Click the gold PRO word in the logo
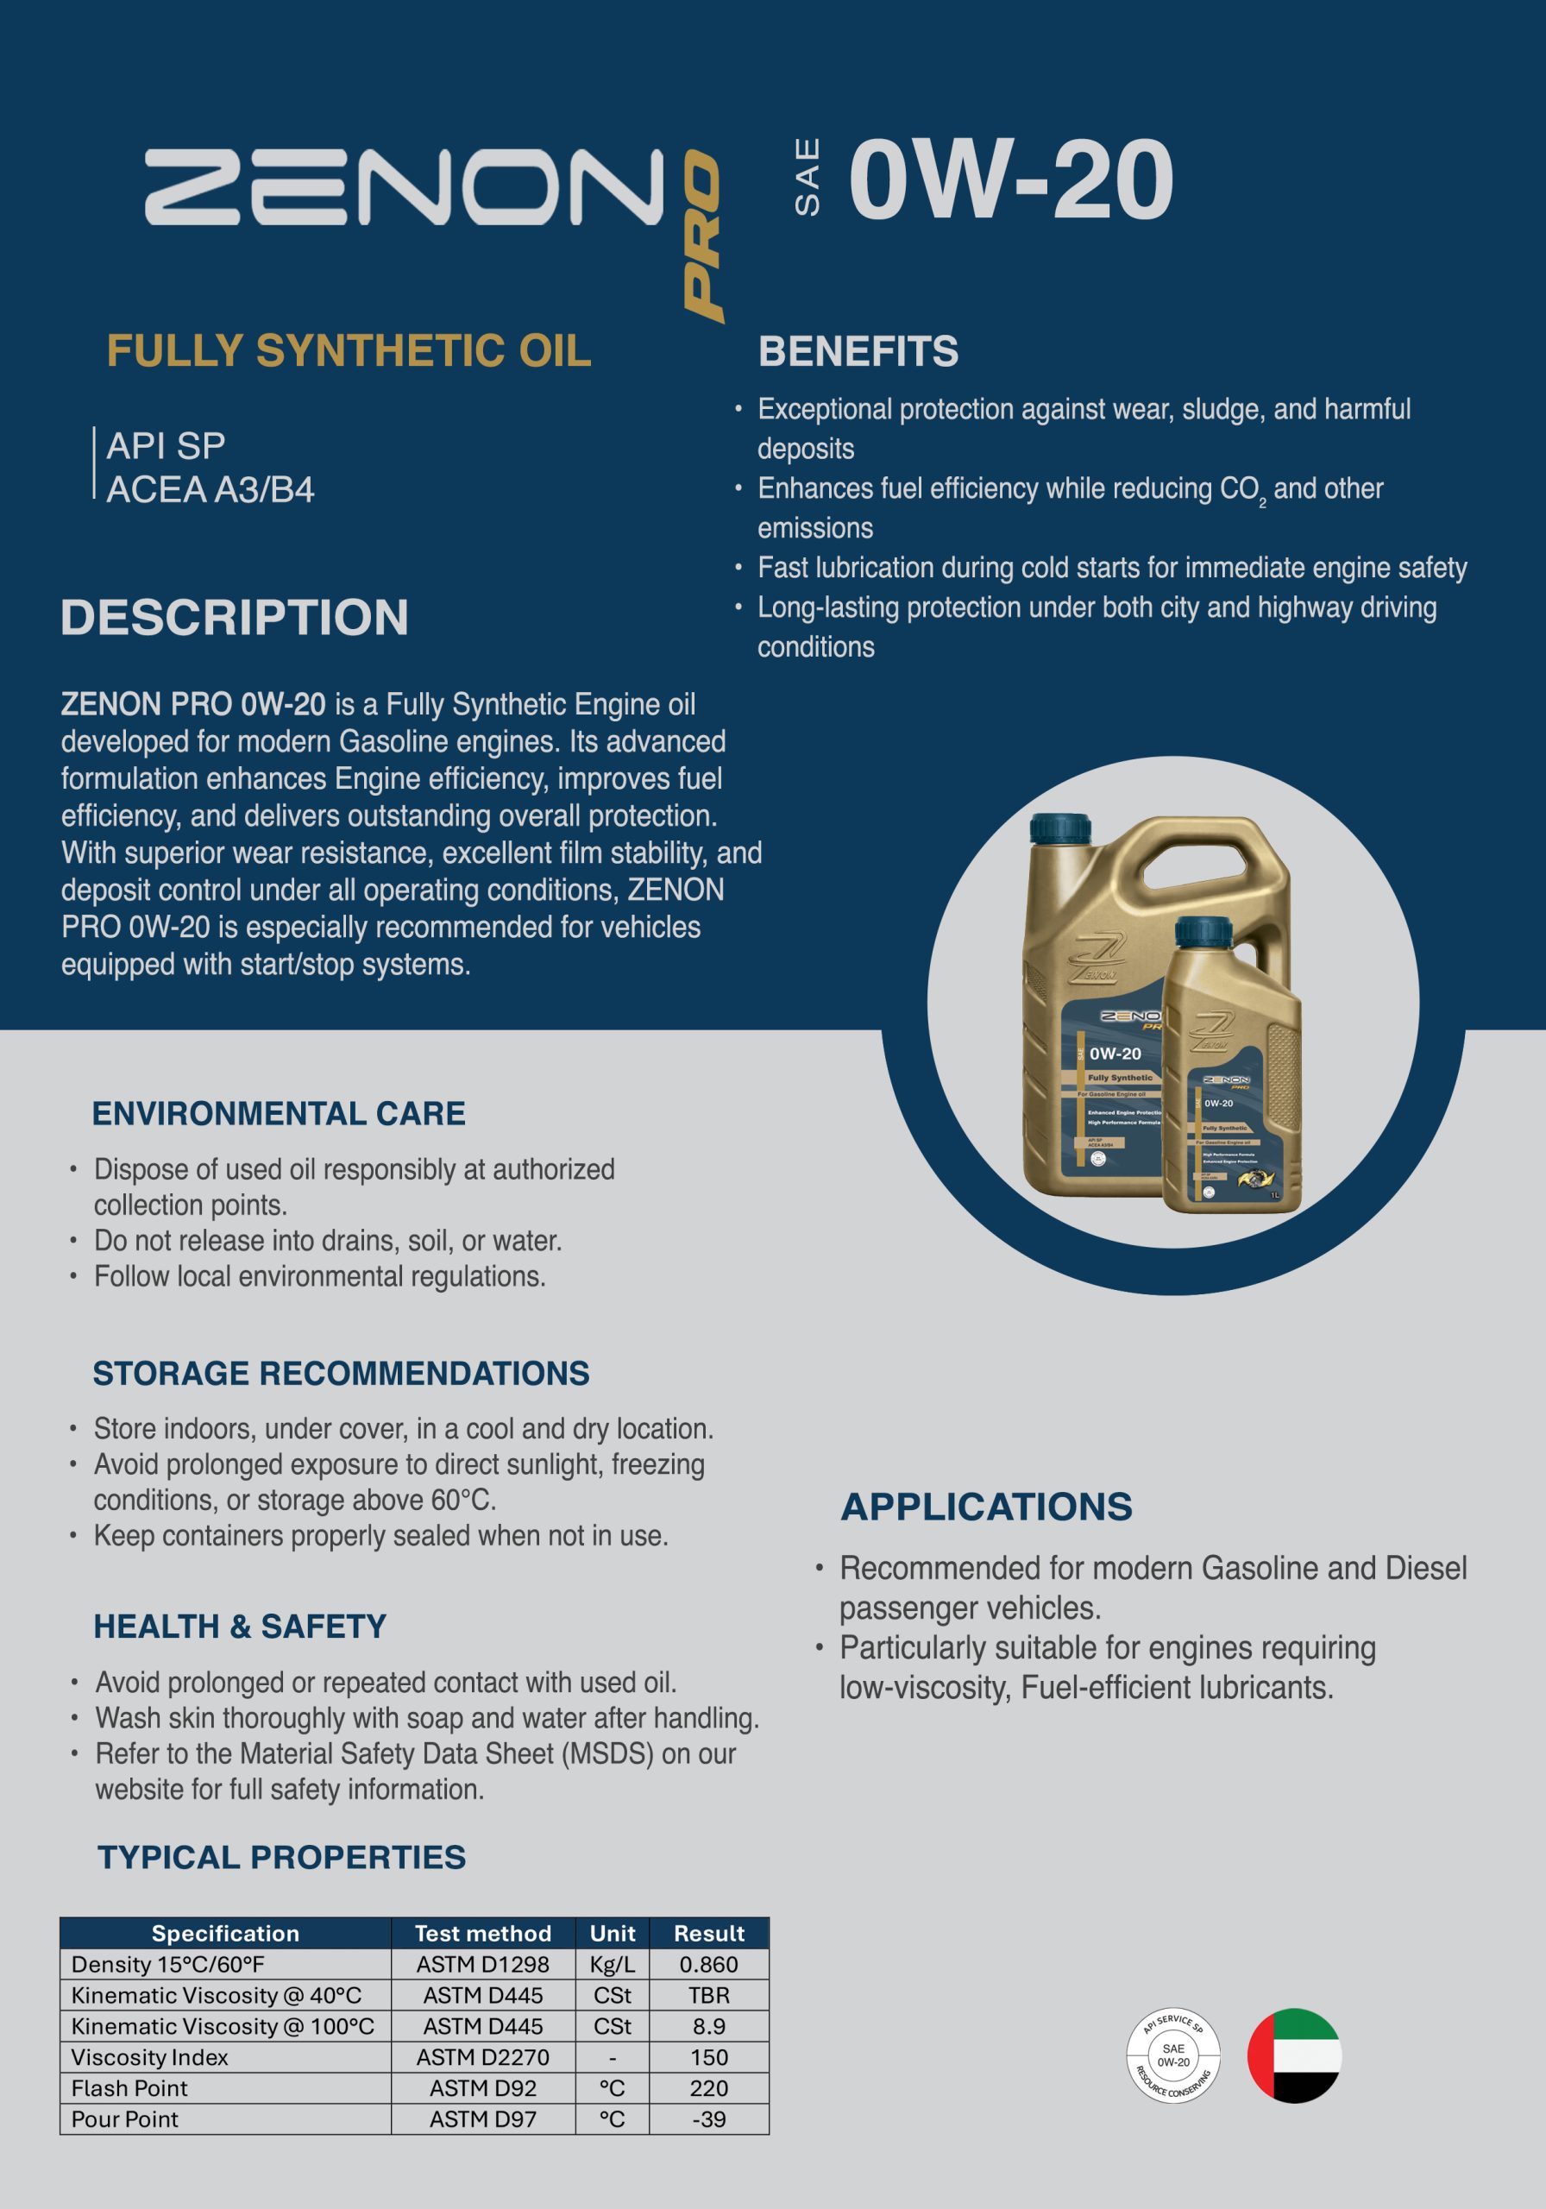click(x=702, y=236)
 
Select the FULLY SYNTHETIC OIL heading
click(x=349, y=351)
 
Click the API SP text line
click(x=166, y=446)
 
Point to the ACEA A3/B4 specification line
click(x=210, y=490)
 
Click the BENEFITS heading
click(x=858, y=351)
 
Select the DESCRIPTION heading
click(x=235, y=618)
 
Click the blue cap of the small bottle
click(x=1203, y=930)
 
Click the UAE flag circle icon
click(x=1294, y=2055)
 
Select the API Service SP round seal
click(x=1172, y=2055)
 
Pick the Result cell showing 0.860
click(x=709, y=1965)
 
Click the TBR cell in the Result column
click(x=709, y=1995)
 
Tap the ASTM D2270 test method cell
click(x=483, y=2057)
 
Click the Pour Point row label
click(x=125, y=2118)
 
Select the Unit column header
click(x=612, y=1933)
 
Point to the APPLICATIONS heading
click(x=986, y=1507)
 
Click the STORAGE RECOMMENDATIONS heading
click(x=341, y=1373)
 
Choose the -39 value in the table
click(x=709, y=2118)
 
